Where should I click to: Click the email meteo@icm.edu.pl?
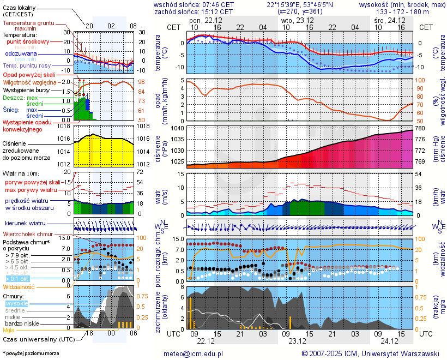tap(194, 353)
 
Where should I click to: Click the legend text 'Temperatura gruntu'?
tap(28, 23)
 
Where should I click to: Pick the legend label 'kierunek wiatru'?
tap(25, 224)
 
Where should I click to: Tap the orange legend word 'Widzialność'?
tap(19, 286)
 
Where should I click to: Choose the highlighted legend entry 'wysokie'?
tap(16, 303)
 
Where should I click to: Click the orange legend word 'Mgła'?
tap(9, 330)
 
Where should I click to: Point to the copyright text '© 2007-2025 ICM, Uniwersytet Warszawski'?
tap(371, 353)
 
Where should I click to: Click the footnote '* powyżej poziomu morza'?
tap(31, 353)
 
